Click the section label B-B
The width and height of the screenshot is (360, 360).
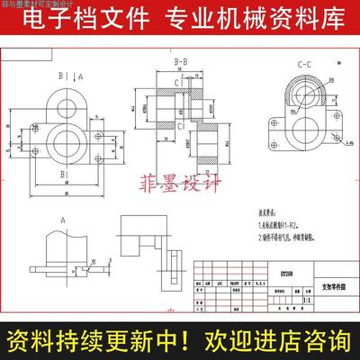[178, 61]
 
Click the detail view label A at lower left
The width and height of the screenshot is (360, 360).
[62, 219]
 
